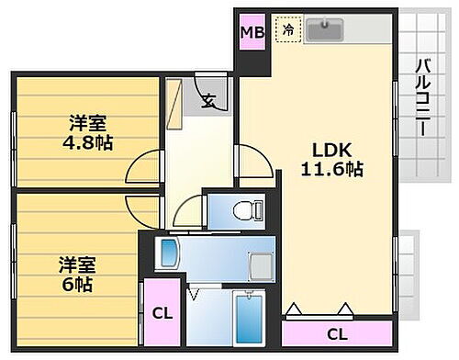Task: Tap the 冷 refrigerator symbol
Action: click(x=287, y=30)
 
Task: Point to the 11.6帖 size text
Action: click(x=331, y=169)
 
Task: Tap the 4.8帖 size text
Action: click(x=88, y=144)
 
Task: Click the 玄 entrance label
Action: click(x=209, y=101)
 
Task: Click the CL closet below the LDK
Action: click(x=337, y=332)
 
